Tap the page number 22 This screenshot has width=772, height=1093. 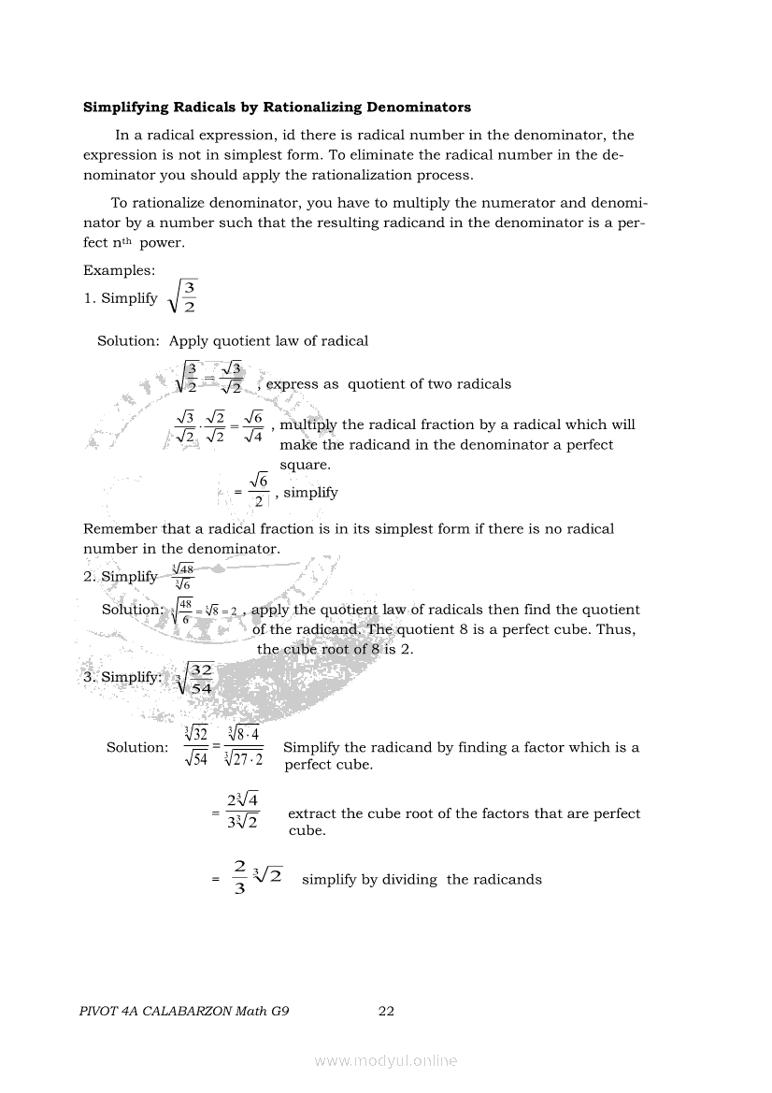[x=386, y=1011]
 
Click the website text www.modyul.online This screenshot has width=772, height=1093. [x=386, y=1060]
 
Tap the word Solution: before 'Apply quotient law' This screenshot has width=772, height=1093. [x=129, y=341]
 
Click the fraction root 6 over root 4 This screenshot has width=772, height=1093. [x=251, y=425]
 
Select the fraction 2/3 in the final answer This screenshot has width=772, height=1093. [x=240, y=879]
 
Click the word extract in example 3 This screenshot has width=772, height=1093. [x=311, y=813]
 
